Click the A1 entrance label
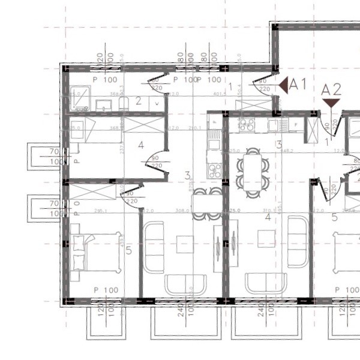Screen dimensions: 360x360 coord(298,85)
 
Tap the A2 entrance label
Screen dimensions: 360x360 coord(331,90)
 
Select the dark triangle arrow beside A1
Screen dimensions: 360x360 coord(283,86)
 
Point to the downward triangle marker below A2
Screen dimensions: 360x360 coord(331,103)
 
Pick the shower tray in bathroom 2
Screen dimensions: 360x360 coord(80,97)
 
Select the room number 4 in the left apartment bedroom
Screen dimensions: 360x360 coord(141,145)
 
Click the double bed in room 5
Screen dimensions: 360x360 coord(96,252)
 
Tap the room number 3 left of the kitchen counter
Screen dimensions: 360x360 coord(188,176)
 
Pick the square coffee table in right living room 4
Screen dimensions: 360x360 coord(266,239)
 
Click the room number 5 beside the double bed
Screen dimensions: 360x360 coord(128,250)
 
